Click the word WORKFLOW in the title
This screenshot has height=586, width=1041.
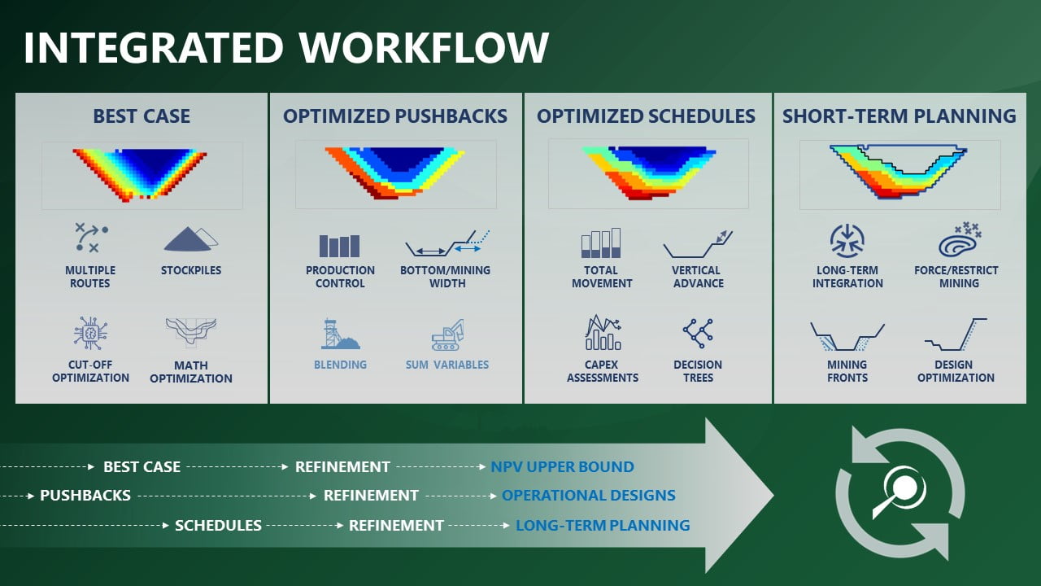424,47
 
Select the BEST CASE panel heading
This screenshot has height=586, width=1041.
142,116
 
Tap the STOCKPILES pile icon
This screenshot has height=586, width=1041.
190,239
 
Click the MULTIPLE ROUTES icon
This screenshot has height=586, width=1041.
91,237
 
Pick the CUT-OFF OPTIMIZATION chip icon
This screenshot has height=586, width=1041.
90,333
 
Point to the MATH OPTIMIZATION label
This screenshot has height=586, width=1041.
191,372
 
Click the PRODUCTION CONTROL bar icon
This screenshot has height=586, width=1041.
339,246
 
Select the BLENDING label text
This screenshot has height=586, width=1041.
340,365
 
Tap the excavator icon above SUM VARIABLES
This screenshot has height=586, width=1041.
447,335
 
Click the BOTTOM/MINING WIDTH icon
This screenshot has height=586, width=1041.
447,243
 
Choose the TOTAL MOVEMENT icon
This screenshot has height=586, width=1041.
601,243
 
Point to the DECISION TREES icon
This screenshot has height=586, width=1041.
698,333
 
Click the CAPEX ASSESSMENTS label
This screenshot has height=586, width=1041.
603,371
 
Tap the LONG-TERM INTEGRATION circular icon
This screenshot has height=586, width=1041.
847,240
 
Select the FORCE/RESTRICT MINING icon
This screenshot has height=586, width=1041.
959,239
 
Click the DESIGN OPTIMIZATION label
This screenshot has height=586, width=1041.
956,371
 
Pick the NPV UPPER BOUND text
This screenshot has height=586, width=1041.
562,466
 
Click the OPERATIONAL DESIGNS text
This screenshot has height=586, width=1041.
588,496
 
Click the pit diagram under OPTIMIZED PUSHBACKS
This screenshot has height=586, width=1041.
395,173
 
